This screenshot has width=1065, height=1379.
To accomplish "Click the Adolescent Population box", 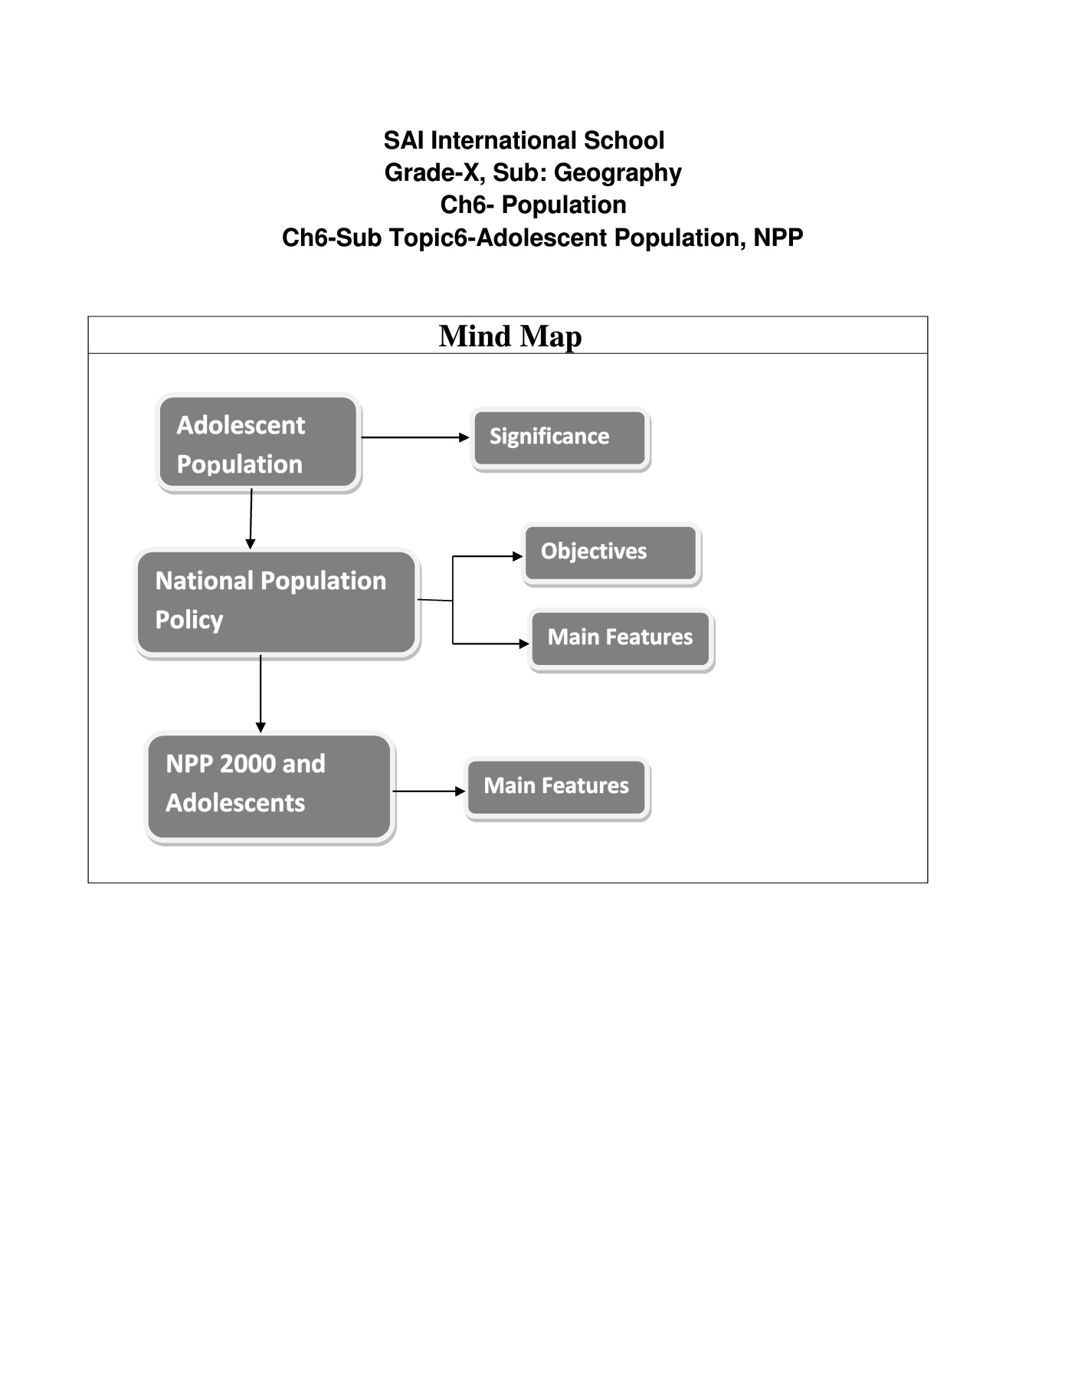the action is (x=259, y=442).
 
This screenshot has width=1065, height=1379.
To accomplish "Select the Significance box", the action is (x=560, y=438).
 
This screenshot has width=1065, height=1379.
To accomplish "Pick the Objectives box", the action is (x=611, y=554).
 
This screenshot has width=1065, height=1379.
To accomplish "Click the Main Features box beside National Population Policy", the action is (x=621, y=639).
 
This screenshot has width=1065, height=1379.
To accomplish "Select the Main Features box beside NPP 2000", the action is (x=557, y=788).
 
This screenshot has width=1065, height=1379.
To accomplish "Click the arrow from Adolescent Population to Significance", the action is (x=415, y=437).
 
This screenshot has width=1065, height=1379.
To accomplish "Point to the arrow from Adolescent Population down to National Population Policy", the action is (x=251, y=519).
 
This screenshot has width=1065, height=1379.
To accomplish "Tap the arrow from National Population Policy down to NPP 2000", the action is (x=261, y=694).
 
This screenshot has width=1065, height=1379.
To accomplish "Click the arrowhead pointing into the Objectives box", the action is (x=518, y=556).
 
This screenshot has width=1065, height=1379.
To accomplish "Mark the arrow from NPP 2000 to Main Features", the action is (x=429, y=791).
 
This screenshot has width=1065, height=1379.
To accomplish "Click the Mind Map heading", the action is (x=510, y=336).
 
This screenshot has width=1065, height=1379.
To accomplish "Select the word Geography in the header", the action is (x=618, y=173).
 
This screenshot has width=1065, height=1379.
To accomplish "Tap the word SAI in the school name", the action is (x=404, y=140).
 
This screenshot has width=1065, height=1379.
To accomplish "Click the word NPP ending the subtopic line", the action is (x=778, y=237).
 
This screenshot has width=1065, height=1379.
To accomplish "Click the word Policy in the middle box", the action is (x=189, y=621).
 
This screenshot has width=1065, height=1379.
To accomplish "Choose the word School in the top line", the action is (x=624, y=140).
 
